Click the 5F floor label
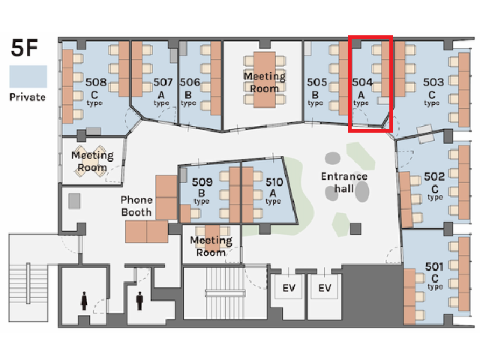[x=24, y=48]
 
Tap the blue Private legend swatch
[x=28, y=76]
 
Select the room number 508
[x=96, y=82]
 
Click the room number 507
[x=163, y=82]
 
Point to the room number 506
[x=190, y=82]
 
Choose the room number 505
[x=316, y=82]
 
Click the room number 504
[x=362, y=82]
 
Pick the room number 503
[x=433, y=82]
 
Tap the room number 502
[x=434, y=176]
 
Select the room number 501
[x=434, y=267]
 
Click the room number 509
[x=202, y=182]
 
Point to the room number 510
[x=274, y=182]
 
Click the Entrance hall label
[x=344, y=182]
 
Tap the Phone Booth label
[x=136, y=206]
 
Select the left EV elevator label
[x=289, y=288]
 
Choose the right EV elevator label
[x=325, y=288]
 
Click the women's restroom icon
[x=84, y=301]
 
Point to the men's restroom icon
[x=139, y=301]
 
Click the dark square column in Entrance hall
[x=355, y=229]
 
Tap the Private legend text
[x=28, y=97]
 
